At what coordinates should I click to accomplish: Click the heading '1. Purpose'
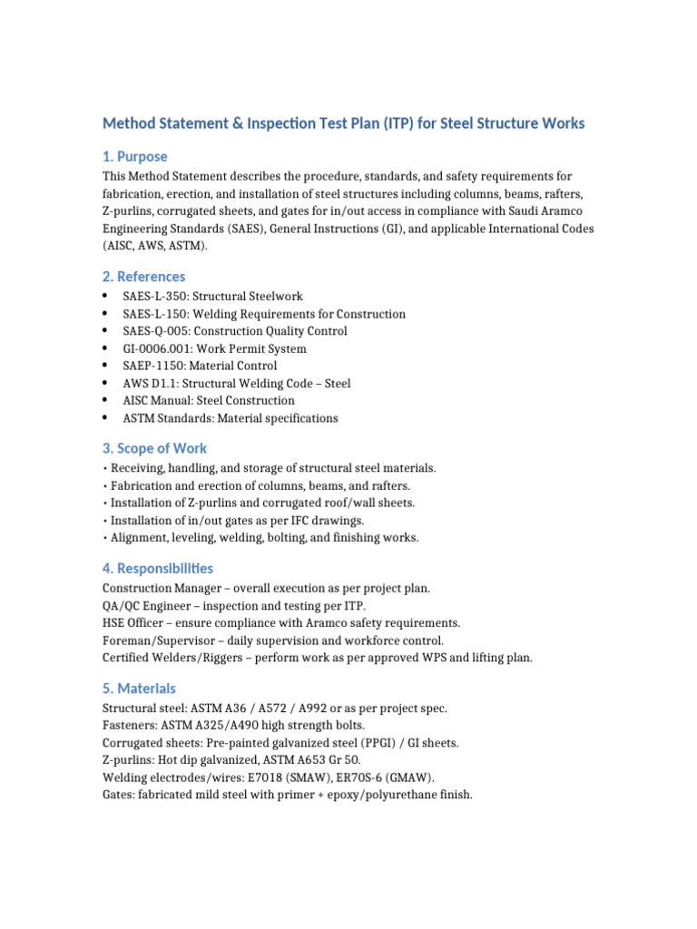[x=134, y=156]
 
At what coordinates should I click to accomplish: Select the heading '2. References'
[x=143, y=276]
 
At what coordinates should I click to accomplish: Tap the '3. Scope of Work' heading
[x=154, y=448]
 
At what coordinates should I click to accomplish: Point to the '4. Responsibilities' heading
[x=158, y=568]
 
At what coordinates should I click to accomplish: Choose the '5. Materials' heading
[x=139, y=688]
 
